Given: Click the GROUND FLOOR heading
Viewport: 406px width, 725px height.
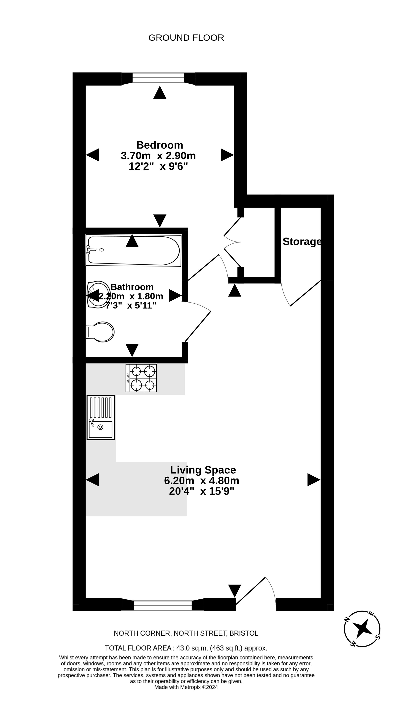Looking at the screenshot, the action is pos(186,38).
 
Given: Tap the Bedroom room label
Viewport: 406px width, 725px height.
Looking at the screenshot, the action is pos(160,145).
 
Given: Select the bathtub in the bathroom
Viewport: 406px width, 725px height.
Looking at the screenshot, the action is pos(133,250).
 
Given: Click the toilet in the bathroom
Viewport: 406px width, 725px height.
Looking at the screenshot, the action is pos(100,332).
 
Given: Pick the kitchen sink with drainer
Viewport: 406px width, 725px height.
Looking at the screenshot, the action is pos(100,417).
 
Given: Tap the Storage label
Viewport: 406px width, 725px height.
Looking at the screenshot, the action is pos(302,241).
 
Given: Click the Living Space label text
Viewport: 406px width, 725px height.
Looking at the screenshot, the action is pos(203,470).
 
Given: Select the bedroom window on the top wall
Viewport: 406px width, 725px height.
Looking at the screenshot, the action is pos(158,78).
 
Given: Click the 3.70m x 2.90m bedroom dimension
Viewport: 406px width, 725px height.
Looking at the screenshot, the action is pos(158,156).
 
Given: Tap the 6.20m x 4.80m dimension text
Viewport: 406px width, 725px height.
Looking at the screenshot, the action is pos(202,480).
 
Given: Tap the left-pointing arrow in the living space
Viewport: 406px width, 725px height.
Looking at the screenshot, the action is pos(92,480).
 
